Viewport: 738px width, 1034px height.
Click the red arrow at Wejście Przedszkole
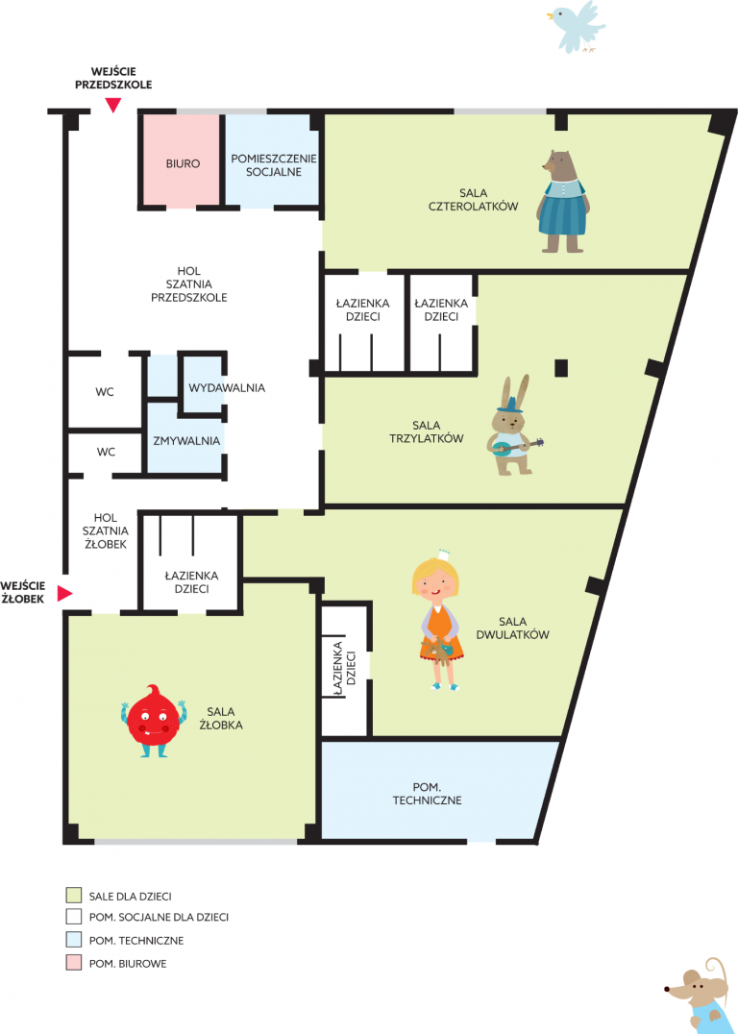pyautogui.click(x=114, y=105)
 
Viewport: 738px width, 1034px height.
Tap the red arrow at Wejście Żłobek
pyautogui.click(x=64, y=594)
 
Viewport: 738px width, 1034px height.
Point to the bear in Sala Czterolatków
pyautogui.click(x=562, y=201)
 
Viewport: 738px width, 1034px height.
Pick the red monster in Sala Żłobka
pyautogui.click(x=154, y=721)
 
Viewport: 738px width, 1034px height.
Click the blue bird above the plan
pyautogui.click(x=577, y=25)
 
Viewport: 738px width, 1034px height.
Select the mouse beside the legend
pyautogui.click(x=701, y=996)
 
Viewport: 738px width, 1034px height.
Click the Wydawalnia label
pyautogui.click(x=227, y=388)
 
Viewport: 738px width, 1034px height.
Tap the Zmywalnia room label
pyautogui.click(x=186, y=441)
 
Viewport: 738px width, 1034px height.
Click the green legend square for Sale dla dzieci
pyautogui.click(x=72, y=896)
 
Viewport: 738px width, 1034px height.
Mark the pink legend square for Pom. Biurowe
pyautogui.click(x=72, y=964)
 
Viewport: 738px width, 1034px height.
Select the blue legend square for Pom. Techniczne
pyautogui.click(x=72, y=941)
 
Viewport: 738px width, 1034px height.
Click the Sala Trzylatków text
pyautogui.click(x=427, y=431)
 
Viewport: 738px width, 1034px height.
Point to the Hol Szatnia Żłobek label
pyautogui.click(x=106, y=530)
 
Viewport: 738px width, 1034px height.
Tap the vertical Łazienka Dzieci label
pyautogui.click(x=344, y=669)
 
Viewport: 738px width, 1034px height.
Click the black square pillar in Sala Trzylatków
pyautogui.click(x=560, y=368)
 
